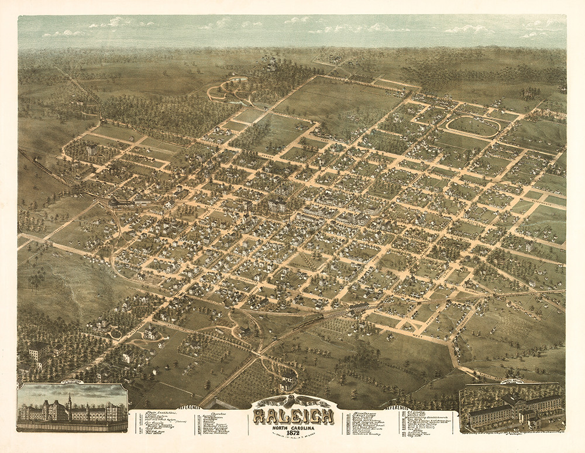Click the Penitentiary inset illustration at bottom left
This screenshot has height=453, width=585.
72,408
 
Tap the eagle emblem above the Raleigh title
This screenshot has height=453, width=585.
293,401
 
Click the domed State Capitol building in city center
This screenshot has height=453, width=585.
277,205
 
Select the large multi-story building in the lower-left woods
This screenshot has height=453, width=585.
39,351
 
